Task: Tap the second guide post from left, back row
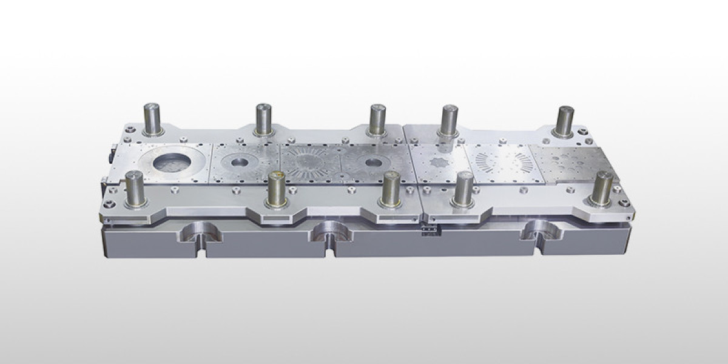(263, 118)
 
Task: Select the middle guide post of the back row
(377, 119)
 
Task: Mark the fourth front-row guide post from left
(464, 189)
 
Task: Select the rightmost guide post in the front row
(602, 188)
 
